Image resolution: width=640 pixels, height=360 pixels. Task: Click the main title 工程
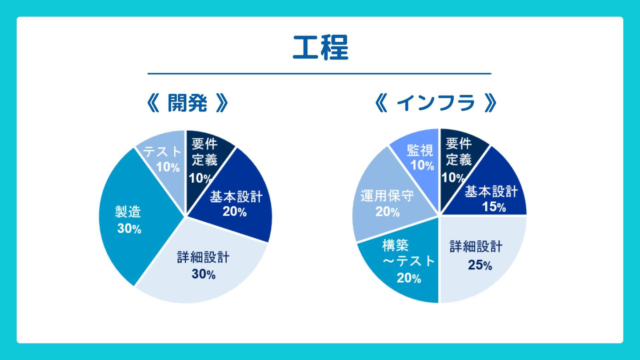click(x=320, y=48)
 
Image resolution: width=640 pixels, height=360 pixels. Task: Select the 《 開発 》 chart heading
click(x=187, y=104)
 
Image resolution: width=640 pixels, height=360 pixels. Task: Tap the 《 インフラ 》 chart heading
click(x=436, y=104)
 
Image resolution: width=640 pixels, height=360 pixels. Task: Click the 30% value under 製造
click(x=129, y=229)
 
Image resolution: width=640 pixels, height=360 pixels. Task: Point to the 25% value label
click(x=480, y=265)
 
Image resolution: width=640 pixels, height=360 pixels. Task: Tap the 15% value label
click(x=494, y=207)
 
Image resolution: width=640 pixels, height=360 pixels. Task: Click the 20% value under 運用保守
click(x=387, y=212)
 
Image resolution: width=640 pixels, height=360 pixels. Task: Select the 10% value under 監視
click(x=422, y=166)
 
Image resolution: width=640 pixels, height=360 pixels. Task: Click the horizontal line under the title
click(x=319, y=73)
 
